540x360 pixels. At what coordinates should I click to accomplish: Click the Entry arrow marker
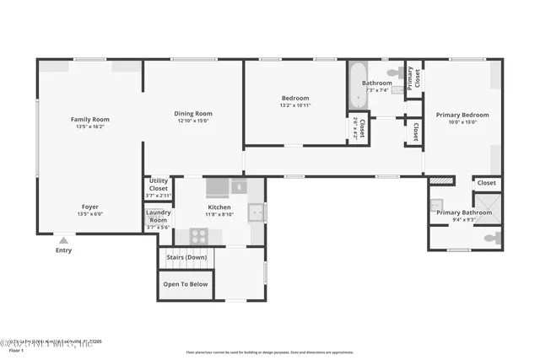click(63, 240)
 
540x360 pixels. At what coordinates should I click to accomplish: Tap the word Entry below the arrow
click(63, 250)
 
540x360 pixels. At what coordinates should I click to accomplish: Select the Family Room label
click(89, 120)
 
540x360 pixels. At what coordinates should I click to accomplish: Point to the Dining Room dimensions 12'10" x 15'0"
click(194, 121)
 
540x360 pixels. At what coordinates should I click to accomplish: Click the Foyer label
click(89, 207)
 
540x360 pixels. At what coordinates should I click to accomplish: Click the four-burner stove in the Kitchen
click(199, 236)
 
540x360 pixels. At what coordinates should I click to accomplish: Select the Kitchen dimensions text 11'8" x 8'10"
click(219, 214)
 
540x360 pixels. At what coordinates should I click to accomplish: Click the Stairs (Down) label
click(185, 256)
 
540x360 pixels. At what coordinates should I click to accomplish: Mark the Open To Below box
click(185, 284)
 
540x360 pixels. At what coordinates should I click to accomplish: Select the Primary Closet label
click(414, 78)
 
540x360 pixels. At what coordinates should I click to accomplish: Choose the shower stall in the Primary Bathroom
click(487, 206)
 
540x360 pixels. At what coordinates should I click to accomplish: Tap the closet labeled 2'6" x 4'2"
click(359, 128)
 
